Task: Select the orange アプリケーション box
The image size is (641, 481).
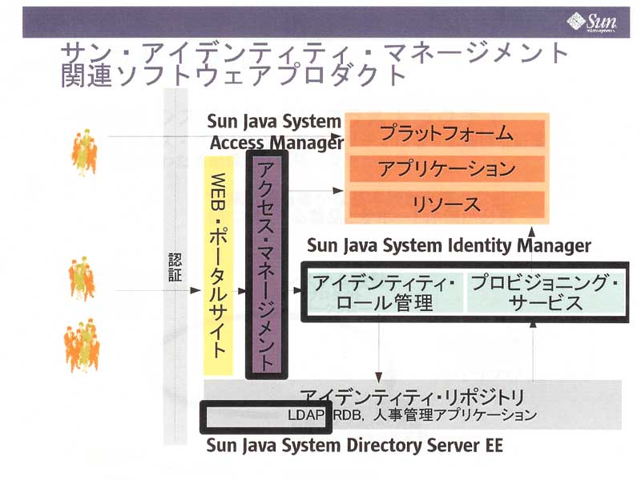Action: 446,169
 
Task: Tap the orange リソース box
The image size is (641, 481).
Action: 446,204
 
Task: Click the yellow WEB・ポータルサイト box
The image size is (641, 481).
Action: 217,272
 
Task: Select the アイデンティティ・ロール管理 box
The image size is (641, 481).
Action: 383,293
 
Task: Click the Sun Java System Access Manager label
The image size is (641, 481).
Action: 274,132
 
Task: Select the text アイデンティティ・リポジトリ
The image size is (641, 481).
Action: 412,397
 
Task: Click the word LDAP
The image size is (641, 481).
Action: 304,415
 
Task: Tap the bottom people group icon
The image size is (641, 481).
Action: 82,345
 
